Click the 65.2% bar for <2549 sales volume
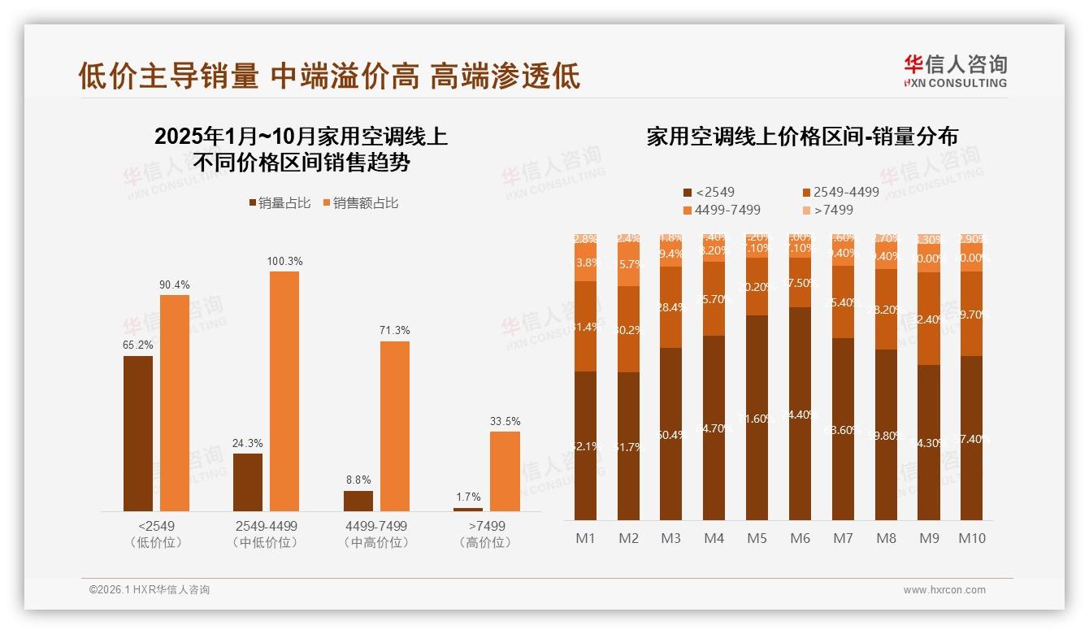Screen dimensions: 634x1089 point(138,433)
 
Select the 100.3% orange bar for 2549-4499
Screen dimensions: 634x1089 point(284,391)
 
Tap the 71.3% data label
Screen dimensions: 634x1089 point(394,331)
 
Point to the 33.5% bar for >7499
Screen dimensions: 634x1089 point(505,471)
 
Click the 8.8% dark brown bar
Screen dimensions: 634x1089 point(358,501)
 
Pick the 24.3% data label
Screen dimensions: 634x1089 point(248,443)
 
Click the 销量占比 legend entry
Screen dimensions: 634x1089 point(279,203)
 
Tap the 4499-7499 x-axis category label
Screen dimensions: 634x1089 point(375,527)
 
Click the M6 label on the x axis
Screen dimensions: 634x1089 point(800,538)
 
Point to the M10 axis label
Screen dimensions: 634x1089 point(972,538)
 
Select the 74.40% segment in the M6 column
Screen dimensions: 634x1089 point(800,414)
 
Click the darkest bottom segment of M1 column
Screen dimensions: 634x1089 point(585,445)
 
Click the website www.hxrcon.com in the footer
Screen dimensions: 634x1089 point(944,590)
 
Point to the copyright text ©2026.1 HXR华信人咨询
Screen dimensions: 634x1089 point(150,590)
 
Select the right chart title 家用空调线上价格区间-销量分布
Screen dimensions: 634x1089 point(801,137)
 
